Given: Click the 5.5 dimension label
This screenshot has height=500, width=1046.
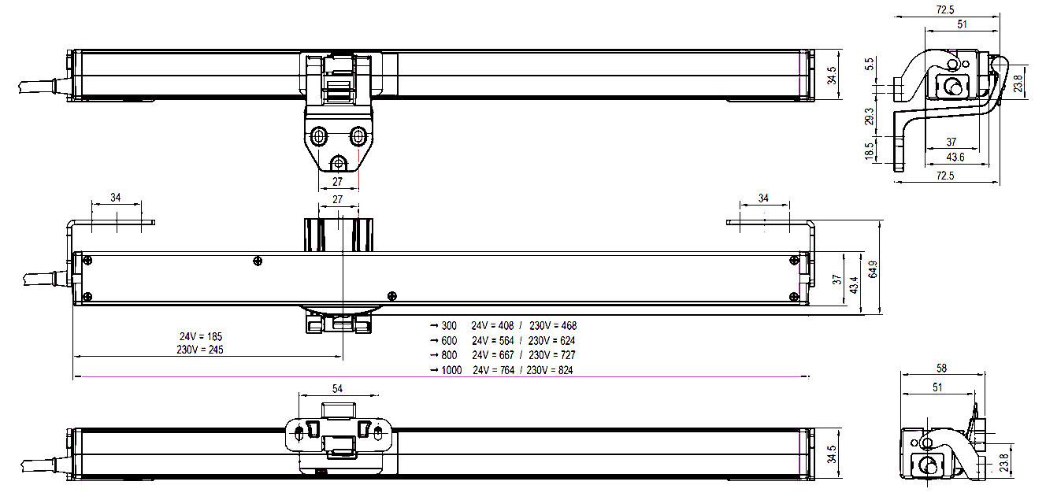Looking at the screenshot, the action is point(869,64).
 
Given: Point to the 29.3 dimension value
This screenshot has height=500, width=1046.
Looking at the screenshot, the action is point(869,117).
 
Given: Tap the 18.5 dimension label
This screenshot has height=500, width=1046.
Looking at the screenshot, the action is point(869,151).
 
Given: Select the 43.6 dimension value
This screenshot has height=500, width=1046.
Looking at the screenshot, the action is point(955,157).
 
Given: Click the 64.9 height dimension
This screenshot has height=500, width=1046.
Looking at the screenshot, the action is point(873,269).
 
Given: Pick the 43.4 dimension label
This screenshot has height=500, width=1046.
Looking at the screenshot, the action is point(854,285).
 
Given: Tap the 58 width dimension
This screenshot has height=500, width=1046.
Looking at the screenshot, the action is point(941,369).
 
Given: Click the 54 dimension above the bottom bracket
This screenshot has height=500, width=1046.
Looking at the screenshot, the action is point(337,388).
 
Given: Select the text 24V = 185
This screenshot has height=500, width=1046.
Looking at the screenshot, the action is point(201,336).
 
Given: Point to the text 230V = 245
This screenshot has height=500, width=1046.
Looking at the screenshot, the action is point(200,349).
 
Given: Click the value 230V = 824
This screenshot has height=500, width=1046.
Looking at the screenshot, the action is point(550,370).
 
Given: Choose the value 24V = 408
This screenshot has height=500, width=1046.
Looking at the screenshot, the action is point(492,325).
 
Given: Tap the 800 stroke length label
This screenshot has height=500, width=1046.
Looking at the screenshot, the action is point(449,355).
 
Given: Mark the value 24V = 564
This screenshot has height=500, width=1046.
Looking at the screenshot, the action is point(492,341).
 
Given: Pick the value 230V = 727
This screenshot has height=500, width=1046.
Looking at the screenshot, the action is point(552,355).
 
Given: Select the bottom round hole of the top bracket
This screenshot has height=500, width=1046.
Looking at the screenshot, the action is point(338,164).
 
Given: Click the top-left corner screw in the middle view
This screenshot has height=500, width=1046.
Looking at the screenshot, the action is point(87,261).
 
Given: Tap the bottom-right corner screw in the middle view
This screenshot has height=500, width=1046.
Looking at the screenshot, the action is point(794,296).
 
